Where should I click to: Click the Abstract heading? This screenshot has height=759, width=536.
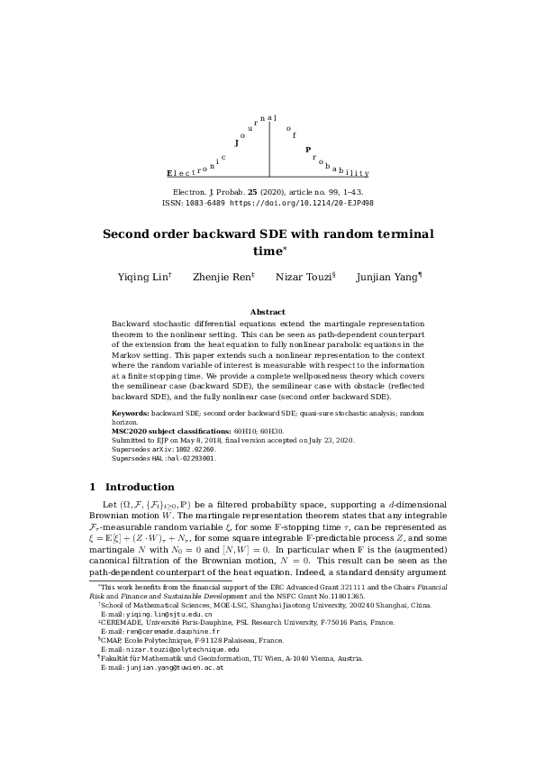[x=268, y=312]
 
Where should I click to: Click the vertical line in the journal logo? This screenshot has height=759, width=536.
[x=269, y=150]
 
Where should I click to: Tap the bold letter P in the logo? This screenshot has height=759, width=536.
[x=308, y=150]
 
